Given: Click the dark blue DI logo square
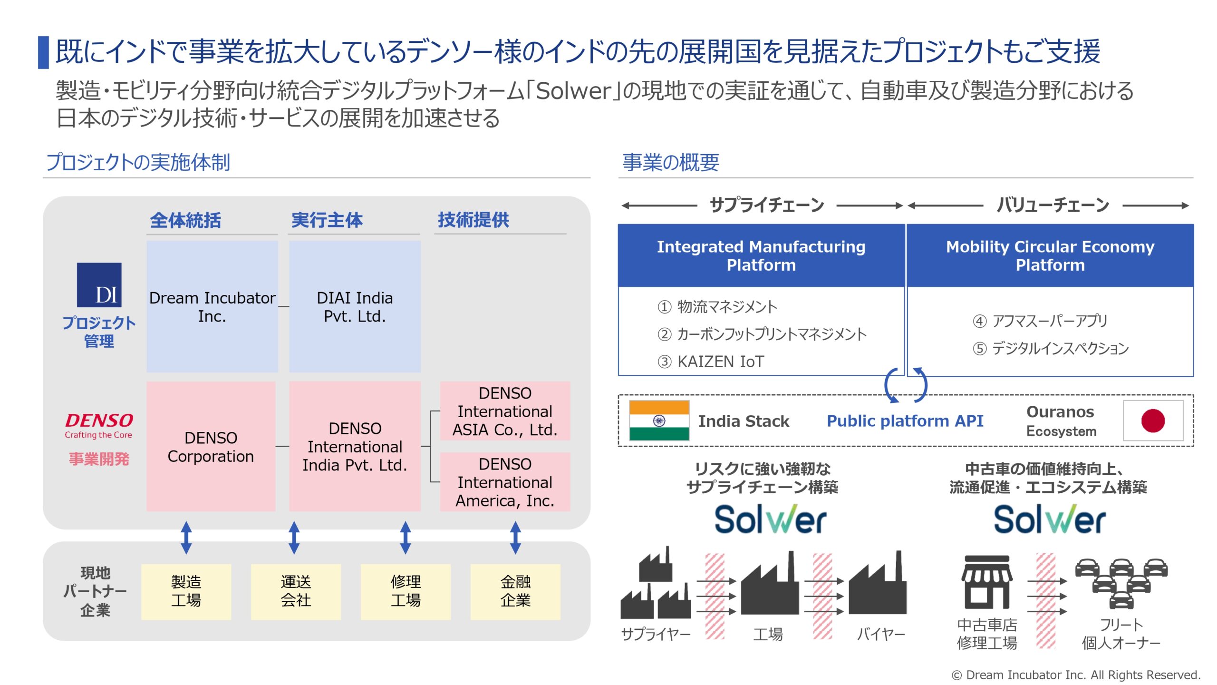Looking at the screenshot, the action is pyautogui.click(x=99, y=284).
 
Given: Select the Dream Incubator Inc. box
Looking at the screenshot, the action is pyautogui.click(x=212, y=306).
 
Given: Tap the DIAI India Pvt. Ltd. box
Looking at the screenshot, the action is pyautogui.click(x=355, y=306).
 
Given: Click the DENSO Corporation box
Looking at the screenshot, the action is pyautogui.click(x=211, y=446).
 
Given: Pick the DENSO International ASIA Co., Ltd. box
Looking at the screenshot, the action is pyautogui.click(x=505, y=411).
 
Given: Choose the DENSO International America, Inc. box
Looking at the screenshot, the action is pyautogui.click(x=505, y=482).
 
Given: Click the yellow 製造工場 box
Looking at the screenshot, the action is pyautogui.click(x=186, y=591).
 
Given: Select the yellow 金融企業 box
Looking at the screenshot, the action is pyautogui.click(x=515, y=591).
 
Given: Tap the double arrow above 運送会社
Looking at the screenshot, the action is pyautogui.click(x=294, y=538).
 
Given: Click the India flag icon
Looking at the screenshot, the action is pyautogui.click(x=659, y=421).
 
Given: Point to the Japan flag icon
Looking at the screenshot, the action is pyautogui.click(x=1153, y=421).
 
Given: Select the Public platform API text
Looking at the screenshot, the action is pyautogui.click(x=905, y=421).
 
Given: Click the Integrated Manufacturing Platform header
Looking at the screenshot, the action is pyautogui.click(x=761, y=255).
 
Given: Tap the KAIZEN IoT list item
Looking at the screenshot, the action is pyautogui.click(x=711, y=362).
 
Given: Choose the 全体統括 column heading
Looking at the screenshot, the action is pyautogui.click(x=185, y=220).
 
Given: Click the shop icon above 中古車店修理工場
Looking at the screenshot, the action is pyautogui.click(x=986, y=582).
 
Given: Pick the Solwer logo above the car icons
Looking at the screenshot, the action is pyautogui.click(x=1050, y=519).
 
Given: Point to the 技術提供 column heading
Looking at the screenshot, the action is pyautogui.click(x=473, y=220).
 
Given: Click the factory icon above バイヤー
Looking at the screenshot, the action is pyautogui.click(x=878, y=583).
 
